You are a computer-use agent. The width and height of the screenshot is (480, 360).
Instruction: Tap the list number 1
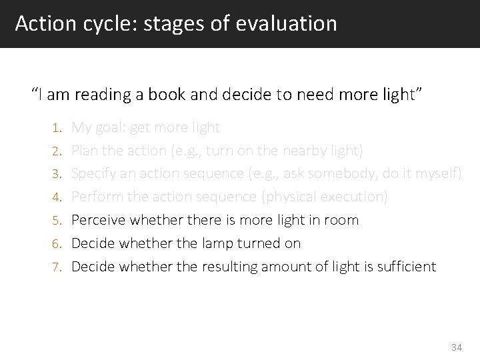(58, 127)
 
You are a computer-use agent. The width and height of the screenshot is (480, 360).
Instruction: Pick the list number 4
(58, 197)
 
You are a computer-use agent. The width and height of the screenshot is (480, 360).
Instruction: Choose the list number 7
(58, 267)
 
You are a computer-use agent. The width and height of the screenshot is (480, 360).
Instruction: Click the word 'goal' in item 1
(113, 127)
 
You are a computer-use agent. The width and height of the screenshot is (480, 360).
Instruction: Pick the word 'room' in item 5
(343, 220)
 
